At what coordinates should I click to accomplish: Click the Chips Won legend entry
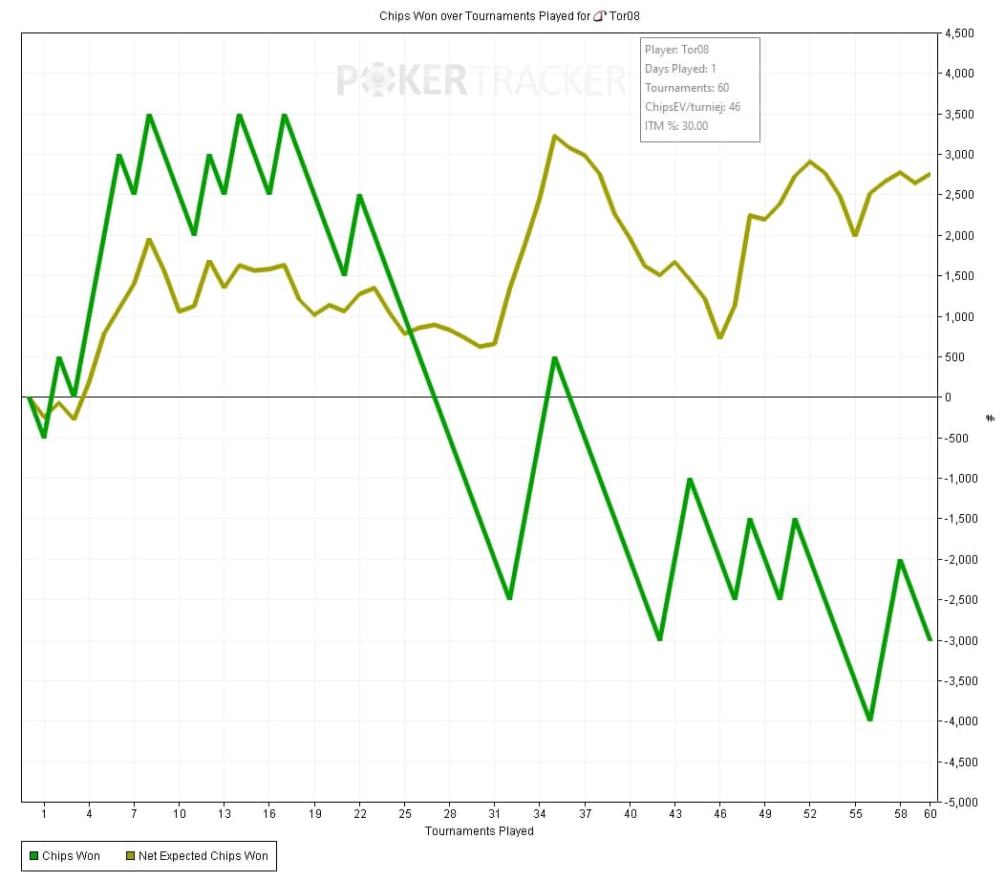pyautogui.click(x=64, y=855)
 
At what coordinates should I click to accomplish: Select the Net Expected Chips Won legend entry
pyautogui.click(x=196, y=855)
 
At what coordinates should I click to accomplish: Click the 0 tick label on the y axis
pyautogui.click(x=948, y=398)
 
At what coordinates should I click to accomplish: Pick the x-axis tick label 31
pyautogui.click(x=495, y=814)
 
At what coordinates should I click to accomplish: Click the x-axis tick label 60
pyautogui.click(x=930, y=814)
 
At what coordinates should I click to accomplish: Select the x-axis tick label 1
pyautogui.click(x=44, y=814)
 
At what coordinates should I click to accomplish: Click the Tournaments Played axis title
pyautogui.click(x=480, y=831)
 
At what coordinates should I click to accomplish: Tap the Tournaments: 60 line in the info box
pyautogui.click(x=687, y=88)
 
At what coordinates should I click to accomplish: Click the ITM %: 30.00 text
pyautogui.click(x=677, y=126)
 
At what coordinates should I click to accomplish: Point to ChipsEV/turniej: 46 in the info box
pyautogui.click(x=693, y=107)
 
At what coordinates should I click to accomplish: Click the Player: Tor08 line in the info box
pyautogui.click(x=675, y=50)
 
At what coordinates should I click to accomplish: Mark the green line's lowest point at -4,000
pyautogui.click(x=869, y=720)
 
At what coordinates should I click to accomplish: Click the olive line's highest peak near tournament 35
pyautogui.click(x=555, y=137)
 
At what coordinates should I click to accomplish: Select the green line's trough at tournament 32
pyautogui.click(x=510, y=598)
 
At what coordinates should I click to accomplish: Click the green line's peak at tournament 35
pyautogui.click(x=555, y=357)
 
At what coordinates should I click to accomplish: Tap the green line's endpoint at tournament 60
pyautogui.click(x=930, y=639)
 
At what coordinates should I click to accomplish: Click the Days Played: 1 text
pyautogui.click(x=681, y=69)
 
